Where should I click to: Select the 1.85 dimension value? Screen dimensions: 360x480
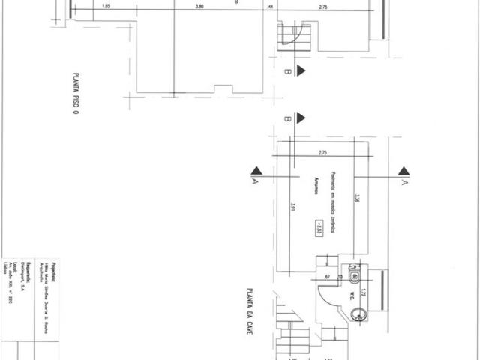(105, 7)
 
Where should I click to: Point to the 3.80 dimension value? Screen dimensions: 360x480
(199, 7)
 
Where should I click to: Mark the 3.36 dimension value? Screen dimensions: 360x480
(358, 199)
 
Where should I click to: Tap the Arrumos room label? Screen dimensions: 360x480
(317, 186)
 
